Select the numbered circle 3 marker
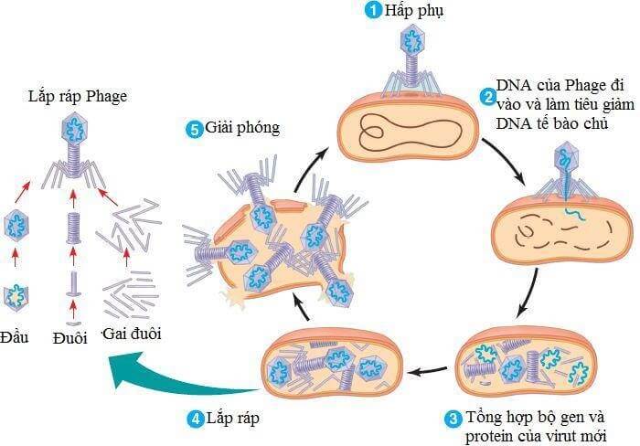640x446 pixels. coord(452,419)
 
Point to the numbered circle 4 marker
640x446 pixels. coord(195,419)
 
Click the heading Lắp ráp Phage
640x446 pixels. coord(78,97)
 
